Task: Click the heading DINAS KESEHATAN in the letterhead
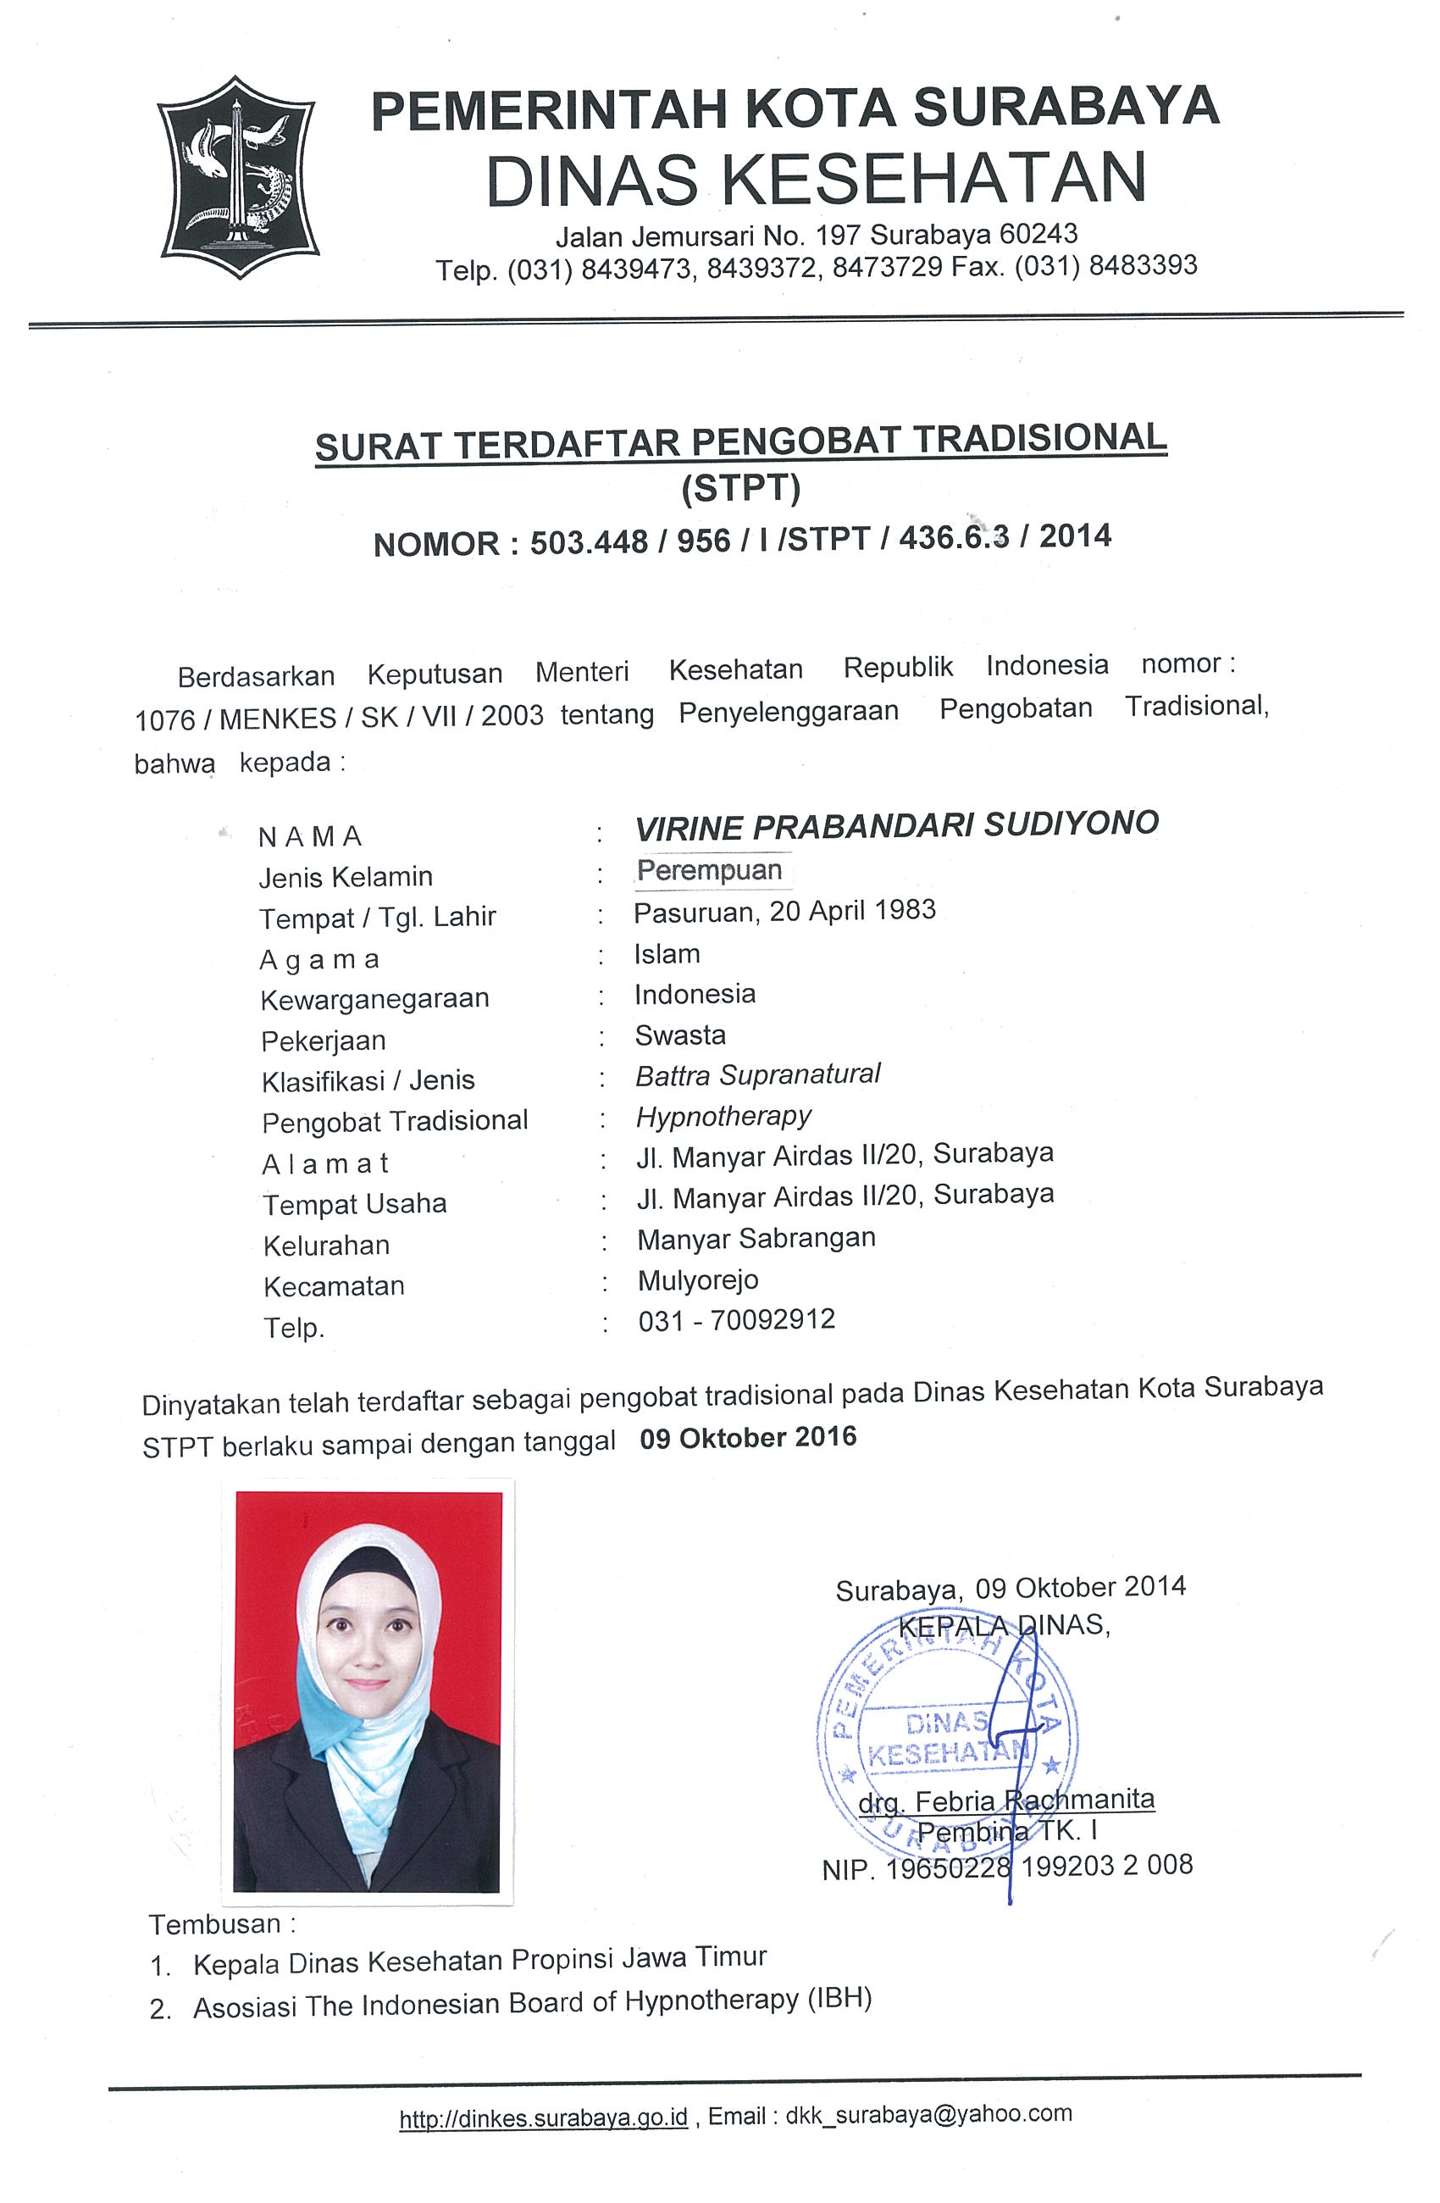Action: click(816, 178)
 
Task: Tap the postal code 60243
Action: click(1038, 233)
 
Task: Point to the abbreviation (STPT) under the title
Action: click(740, 488)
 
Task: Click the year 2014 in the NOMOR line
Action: click(1074, 536)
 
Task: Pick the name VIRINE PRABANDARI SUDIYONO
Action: click(896, 824)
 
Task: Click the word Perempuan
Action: click(709, 870)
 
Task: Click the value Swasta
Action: click(680, 1035)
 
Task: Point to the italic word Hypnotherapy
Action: click(723, 1116)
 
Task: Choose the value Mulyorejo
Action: click(698, 1280)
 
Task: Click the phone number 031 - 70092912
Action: click(737, 1320)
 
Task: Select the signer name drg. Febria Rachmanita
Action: click(1007, 1801)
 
